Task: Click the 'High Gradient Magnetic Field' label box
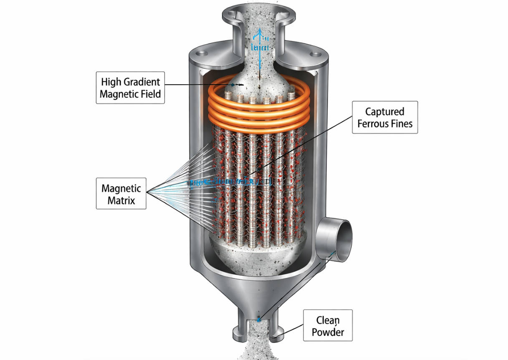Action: tap(130, 87)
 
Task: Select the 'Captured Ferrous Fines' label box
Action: tap(384, 117)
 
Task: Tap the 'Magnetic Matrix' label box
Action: tap(121, 194)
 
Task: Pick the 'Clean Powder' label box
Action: tap(328, 327)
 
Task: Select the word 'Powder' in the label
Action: tap(328, 333)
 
